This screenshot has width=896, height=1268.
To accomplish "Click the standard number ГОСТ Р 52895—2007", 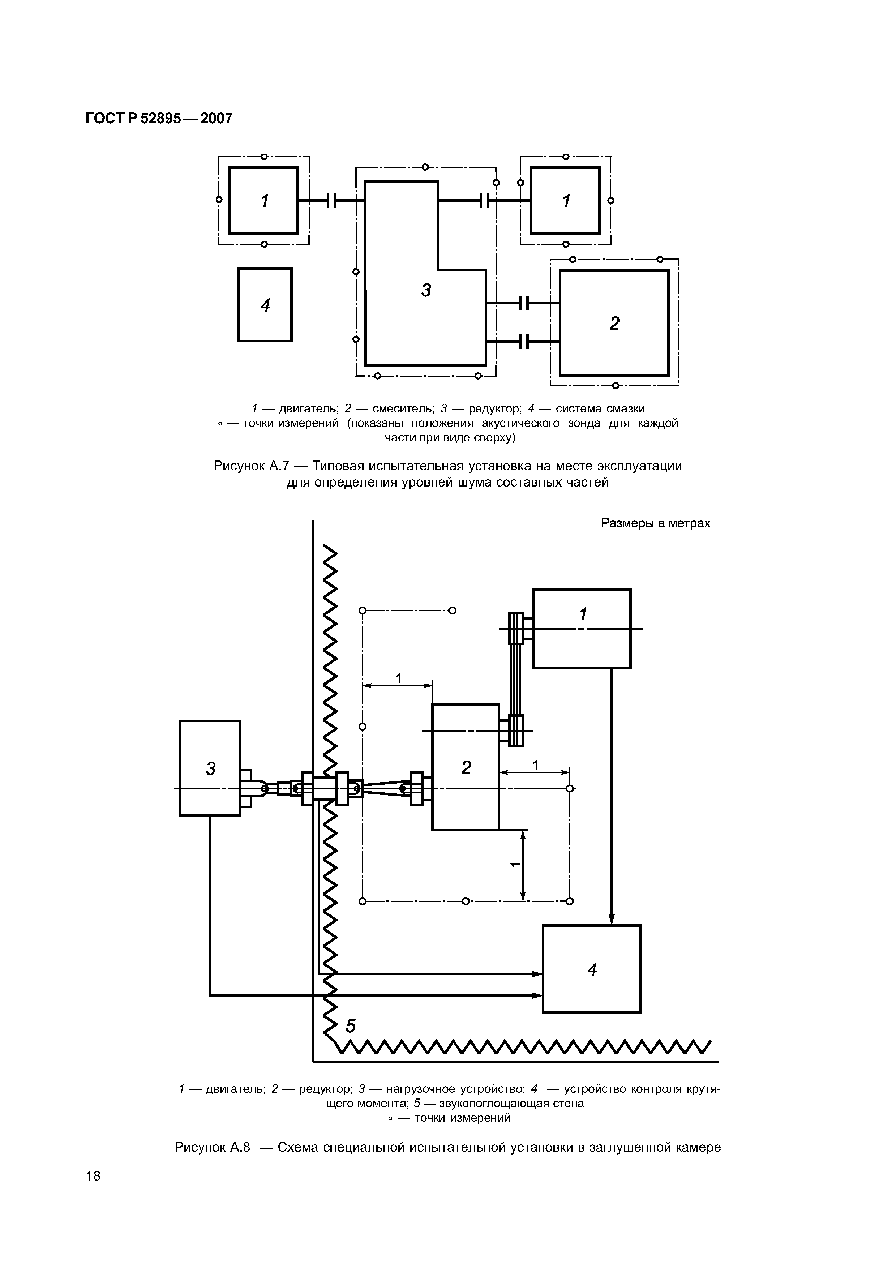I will [x=159, y=119].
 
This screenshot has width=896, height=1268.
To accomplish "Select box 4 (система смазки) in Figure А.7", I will [x=265, y=305].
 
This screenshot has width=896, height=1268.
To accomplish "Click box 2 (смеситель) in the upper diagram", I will [x=614, y=323].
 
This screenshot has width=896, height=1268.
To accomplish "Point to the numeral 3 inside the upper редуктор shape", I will [x=426, y=290].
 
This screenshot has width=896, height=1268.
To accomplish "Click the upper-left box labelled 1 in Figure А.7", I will [x=263, y=201].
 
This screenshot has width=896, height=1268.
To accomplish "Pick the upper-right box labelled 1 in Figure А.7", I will [x=565, y=201].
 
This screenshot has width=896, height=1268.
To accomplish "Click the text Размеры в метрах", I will [x=655, y=523].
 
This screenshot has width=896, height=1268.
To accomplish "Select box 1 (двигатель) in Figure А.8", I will [x=581, y=629].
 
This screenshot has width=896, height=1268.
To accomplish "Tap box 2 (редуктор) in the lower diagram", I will [x=466, y=767].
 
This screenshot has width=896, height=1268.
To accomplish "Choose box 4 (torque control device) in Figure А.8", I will [x=591, y=969].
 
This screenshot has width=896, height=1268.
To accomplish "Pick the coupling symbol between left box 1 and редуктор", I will [x=331, y=201].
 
